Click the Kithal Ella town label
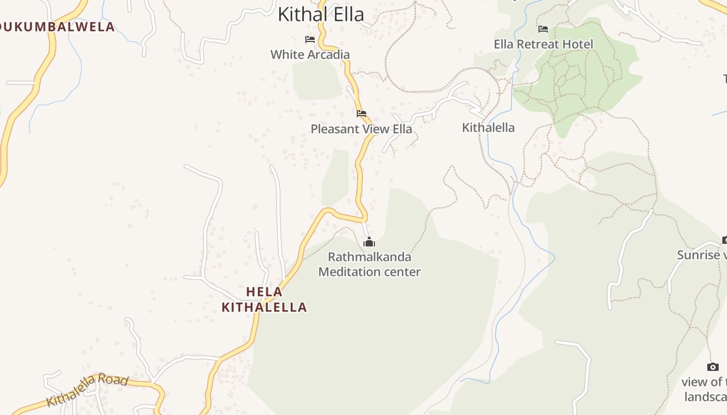(321, 15)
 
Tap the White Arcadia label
(310, 54)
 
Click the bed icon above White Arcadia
(310, 39)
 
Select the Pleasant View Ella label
(361, 129)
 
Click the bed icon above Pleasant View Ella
(361, 113)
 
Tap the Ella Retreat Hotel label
(543, 44)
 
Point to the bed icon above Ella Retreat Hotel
(543, 29)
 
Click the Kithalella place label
(488, 128)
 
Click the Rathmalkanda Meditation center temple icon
(369, 242)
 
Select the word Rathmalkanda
(369, 257)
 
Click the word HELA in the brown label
(264, 292)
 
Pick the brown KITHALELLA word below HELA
(264, 307)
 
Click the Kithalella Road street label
(87, 390)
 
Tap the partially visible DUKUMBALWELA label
(57, 27)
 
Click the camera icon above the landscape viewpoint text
(713, 367)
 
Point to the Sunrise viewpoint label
(701, 255)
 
